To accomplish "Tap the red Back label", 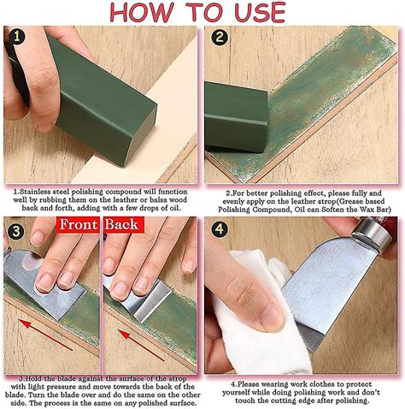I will point(121,225).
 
